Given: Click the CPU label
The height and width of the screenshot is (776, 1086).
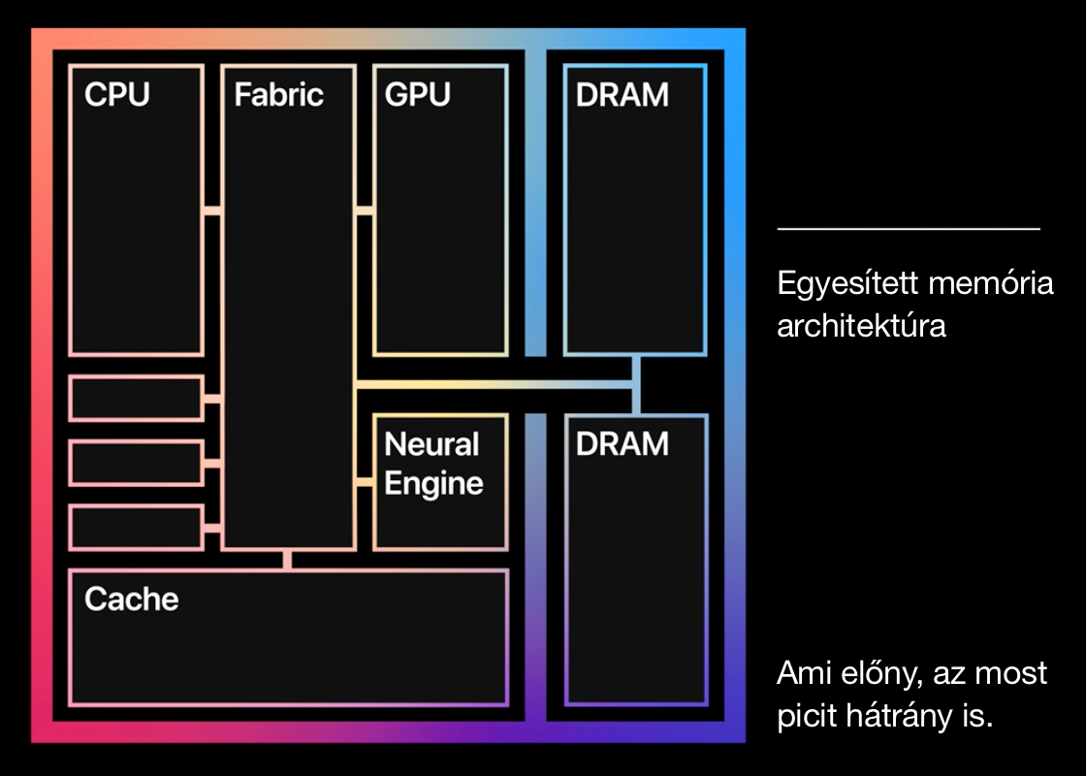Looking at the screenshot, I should pos(117,95).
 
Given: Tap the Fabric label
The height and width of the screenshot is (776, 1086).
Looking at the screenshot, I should pos(278,95).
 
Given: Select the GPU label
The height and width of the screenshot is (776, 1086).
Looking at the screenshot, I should pos(418,95).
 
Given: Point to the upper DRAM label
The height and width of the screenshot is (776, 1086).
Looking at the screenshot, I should pos(622,95).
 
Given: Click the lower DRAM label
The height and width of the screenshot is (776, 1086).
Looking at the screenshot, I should pos(622,444).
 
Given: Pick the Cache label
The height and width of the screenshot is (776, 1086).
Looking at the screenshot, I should pos(132,598).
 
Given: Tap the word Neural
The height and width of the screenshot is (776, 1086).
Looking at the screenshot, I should pos(431,444).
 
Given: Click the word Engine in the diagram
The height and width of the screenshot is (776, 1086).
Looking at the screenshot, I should pos(433,483).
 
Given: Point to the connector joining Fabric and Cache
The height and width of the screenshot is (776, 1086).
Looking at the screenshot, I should pos(287,560).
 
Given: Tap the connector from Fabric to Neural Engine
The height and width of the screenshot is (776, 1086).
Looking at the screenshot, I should pos(365,482).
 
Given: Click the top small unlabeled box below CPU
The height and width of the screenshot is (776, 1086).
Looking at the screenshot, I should pos(136,399).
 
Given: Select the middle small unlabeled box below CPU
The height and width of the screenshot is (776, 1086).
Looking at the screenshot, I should pos(136,463).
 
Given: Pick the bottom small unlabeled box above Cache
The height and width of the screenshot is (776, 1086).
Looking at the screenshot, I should pos(136,527).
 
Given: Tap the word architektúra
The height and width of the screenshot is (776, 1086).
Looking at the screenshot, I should pos(861,326).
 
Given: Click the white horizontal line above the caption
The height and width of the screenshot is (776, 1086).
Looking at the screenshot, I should pos(909,229).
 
